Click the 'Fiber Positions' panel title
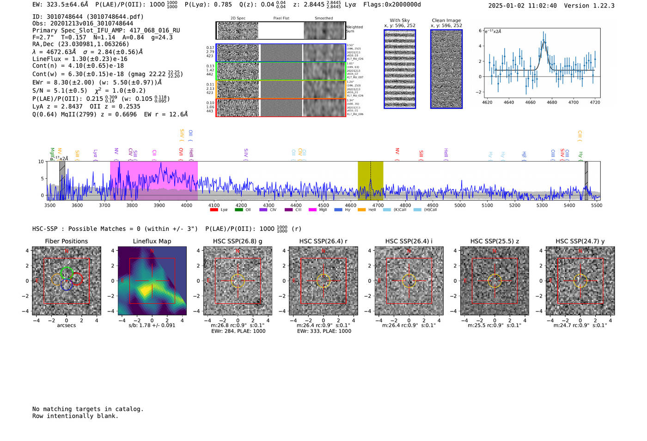coord(66,241)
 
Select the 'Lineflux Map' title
coord(152,241)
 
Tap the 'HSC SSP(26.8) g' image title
coord(238,241)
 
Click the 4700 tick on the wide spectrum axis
coord(378,205)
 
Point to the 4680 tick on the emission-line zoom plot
coord(552,102)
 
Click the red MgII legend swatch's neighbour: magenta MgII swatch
coord(312,210)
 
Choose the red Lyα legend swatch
coord(214,210)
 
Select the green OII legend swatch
coord(238,210)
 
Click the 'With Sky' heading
coord(400,20)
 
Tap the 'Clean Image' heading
coord(446,20)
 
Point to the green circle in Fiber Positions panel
coord(67,273)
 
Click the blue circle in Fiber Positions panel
coord(67,285)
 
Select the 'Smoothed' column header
coord(323,19)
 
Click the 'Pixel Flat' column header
coord(281,19)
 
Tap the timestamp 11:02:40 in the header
coord(541,6)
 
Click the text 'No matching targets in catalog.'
coord(88,409)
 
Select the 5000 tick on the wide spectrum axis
coord(460,205)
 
